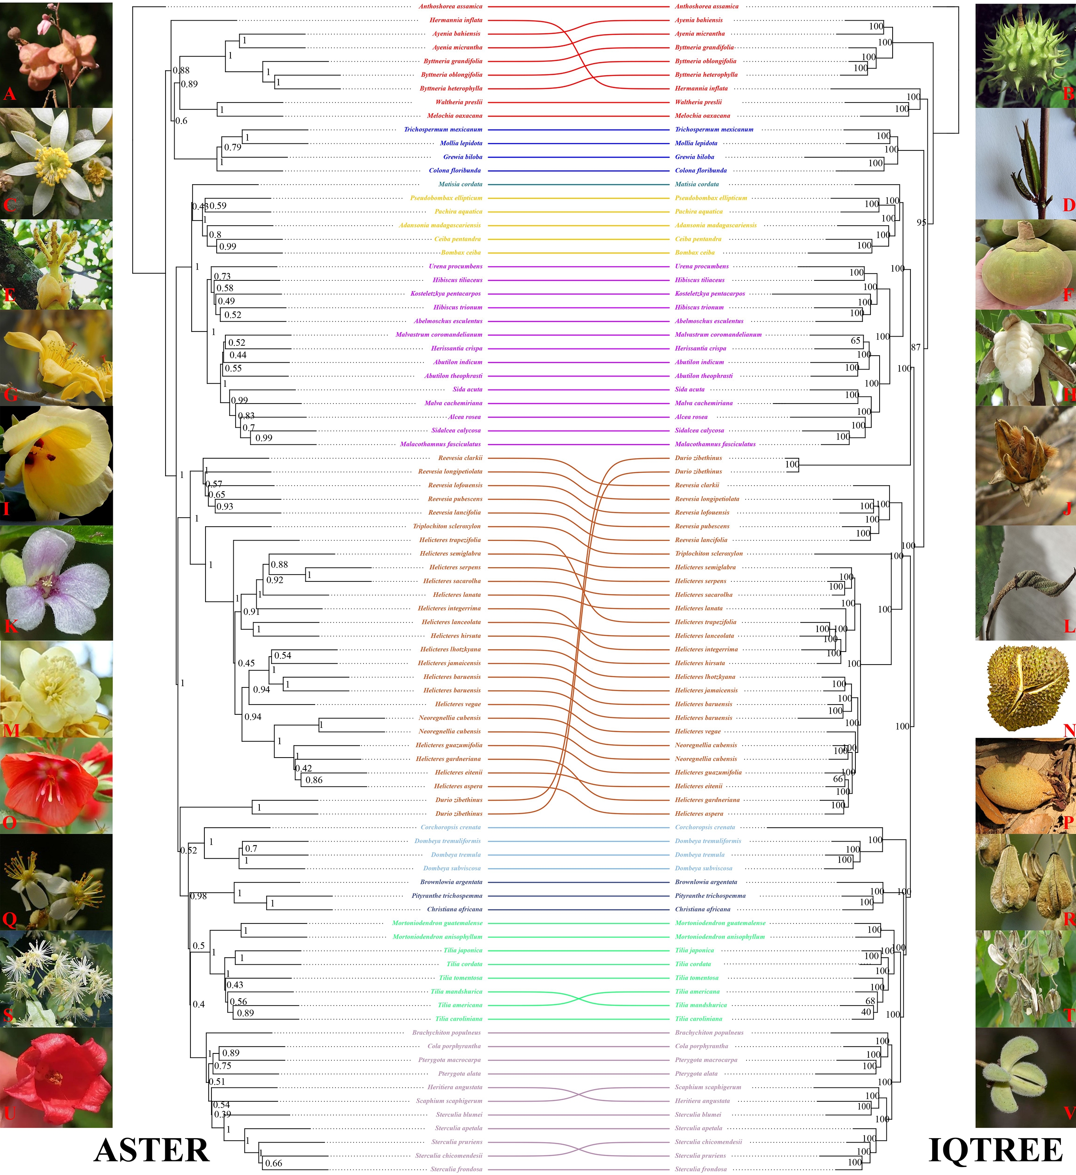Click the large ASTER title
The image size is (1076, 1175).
click(152, 1150)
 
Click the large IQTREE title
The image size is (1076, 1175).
click(996, 1150)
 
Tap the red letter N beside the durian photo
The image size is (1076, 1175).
click(1068, 730)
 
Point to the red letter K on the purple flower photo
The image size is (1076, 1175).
click(10, 626)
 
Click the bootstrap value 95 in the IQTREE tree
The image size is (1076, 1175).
click(921, 223)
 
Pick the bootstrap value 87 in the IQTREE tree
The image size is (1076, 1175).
click(916, 347)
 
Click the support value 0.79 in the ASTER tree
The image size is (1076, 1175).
click(232, 147)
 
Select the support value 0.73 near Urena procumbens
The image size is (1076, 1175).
click(222, 276)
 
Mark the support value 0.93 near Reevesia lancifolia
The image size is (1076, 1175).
click(225, 507)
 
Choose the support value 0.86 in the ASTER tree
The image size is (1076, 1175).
click(314, 780)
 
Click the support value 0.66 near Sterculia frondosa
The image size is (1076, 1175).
click(273, 1164)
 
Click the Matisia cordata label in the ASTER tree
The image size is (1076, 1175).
click(461, 184)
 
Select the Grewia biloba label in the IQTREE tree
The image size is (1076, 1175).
click(694, 157)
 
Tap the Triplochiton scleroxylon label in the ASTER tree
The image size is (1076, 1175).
click(447, 526)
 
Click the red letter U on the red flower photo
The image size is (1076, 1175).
click(10, 1113)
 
